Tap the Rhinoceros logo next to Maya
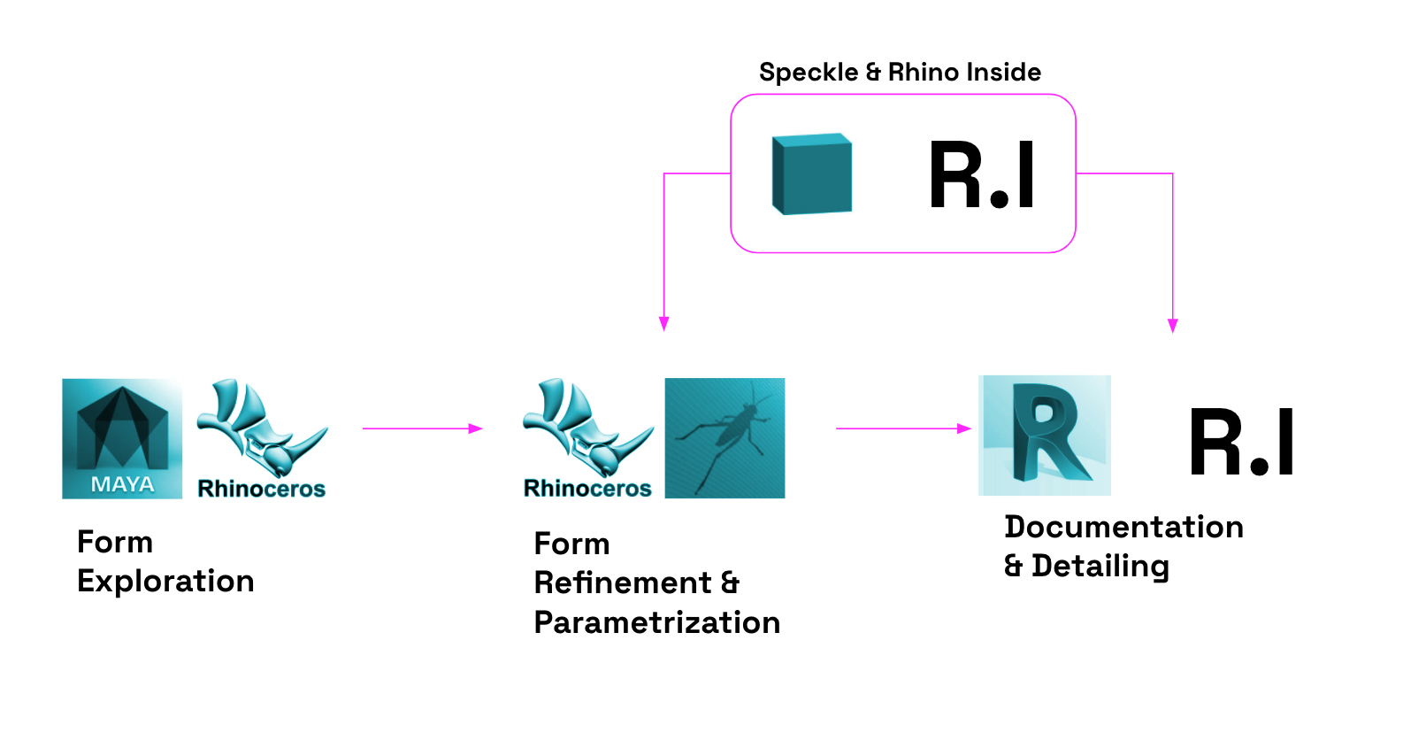tap(262, 438)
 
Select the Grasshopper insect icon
tap(724, 437)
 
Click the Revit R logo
tap(1045, 435)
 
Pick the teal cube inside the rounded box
tap(812, 174)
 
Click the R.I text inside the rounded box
tap(982, 175)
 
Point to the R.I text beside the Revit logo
tap(1242, 443)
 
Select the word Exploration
tap(165, 582)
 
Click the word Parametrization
tap(657, 623)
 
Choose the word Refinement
tap(623, 583)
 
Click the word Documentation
tap(1123, 528)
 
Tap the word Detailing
tap(1100, 567)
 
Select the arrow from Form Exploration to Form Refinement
tap(423, 428)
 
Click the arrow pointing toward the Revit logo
tap(903, 428)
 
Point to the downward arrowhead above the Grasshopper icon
tap(664, 324)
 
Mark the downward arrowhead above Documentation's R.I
tap(1173, 325)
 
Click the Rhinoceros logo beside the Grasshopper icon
tap(588, 438)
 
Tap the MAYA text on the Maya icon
tap(122, 484)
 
